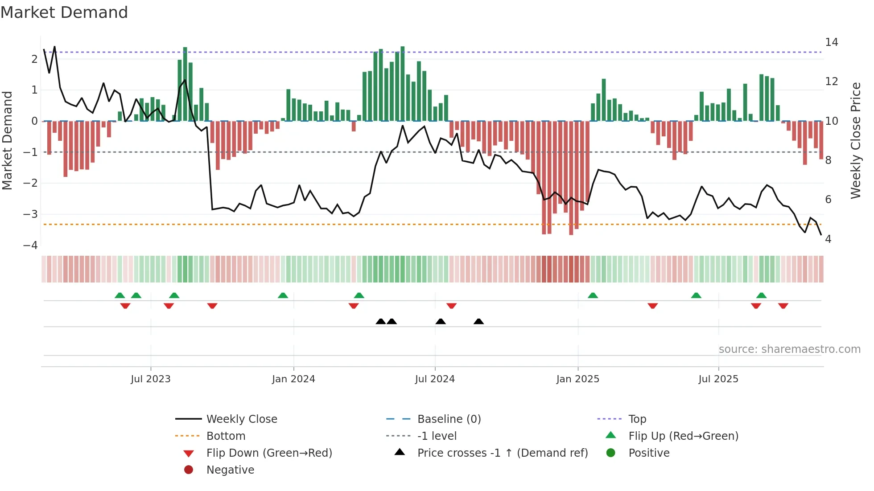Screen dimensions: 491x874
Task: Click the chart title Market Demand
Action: [x=64, y=12]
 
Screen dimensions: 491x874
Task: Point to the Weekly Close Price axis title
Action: [x=855, y=140]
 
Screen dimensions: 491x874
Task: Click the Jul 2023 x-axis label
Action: [x=151, y=379]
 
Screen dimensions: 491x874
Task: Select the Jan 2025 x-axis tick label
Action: [x=577, y=379]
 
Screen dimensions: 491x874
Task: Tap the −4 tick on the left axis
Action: [x=30, y=245]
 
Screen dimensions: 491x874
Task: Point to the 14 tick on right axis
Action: [x=831, y=42]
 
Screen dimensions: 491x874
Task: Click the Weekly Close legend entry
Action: [x=241, y=419]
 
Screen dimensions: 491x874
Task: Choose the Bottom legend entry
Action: [x=226, y=436]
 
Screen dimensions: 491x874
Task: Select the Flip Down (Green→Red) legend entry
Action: [x=269, y=453]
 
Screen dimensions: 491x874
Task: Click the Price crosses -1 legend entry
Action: [x=502, y=453]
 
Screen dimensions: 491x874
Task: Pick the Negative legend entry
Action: [x=230, y=470]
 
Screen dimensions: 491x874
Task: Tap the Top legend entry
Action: [x=637, y=419]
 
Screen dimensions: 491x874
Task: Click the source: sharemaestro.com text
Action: [x=789, y=349]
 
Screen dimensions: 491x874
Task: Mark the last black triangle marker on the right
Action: [x=478, y=322]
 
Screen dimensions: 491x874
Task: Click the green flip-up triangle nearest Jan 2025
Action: [x=593, y=295]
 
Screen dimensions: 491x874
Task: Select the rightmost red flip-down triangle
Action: [x=783, y=306]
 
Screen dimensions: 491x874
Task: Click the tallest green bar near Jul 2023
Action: [x=185, y=84]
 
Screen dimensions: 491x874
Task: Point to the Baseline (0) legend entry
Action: [x=449, y=419]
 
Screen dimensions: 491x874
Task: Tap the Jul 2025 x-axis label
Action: [x=718, y=379]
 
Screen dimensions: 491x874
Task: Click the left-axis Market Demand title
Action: [x=7, y=140]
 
